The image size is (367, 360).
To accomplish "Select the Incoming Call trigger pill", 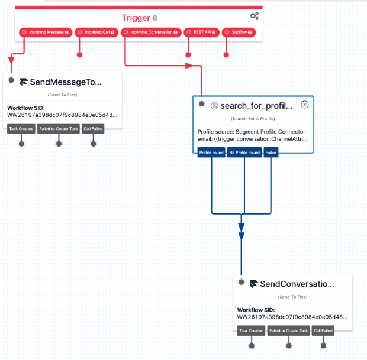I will pyautogui.click(x=97, y=32).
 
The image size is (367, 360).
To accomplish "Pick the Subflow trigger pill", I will pyautogui.click(x=239, y=32).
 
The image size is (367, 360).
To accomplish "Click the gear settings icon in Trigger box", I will pyautogui.click(x=255, y=16).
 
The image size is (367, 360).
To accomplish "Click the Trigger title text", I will pyautogui.click(x=136, y=18).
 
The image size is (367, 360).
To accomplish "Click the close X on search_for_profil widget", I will pyautogui.click(x=305, y=105).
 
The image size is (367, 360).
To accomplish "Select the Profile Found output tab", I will pyautogui.click(x=211, y=153).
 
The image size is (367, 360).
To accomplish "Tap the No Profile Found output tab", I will pyautogui.click(x=244, y=153).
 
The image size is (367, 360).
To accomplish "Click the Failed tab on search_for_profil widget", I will pyautogui.click(x=271, y=153).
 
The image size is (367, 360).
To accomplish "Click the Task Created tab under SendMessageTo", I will pyautogui.click(x=21, y=128).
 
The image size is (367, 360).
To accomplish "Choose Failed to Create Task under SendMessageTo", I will pyautogui.click(x=58, y=128).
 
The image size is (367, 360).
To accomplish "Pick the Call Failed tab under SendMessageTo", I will pyautogui.click(x=93, y=128).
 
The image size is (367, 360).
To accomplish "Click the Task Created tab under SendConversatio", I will pyautogui.click(x=252, y=331).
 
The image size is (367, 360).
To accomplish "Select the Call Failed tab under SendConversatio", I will pyautogui.click(x=323, y=331).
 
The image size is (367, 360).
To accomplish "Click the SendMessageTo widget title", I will pyautogui.click(x=65, y=82).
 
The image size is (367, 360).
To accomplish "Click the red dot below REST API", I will pyautogui.click(x=188, y=55).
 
